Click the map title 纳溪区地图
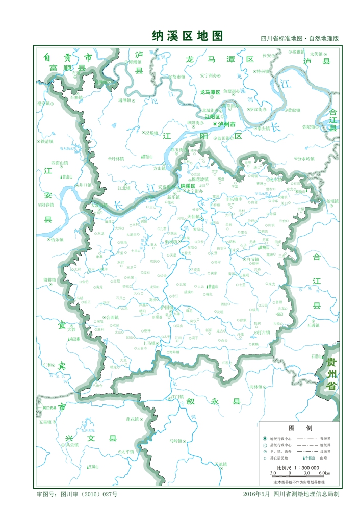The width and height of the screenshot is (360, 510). pos(188,36)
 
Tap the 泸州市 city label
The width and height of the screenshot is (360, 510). pos(226,124)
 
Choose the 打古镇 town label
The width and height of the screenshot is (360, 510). pos(264,333)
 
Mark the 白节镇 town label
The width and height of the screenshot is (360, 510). pos(251,259)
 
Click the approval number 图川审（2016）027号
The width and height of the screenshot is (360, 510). pos(84,494)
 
